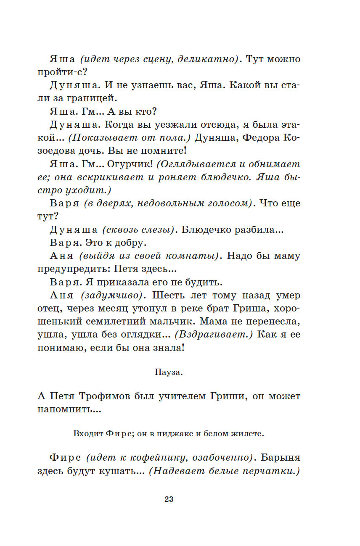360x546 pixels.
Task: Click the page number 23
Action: click(x=169, y=499)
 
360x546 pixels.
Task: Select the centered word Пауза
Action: click(x=169, y=372)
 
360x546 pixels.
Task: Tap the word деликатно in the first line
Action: click(x=208, y=59)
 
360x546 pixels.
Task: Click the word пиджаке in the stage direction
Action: click(x=175, y=433)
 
